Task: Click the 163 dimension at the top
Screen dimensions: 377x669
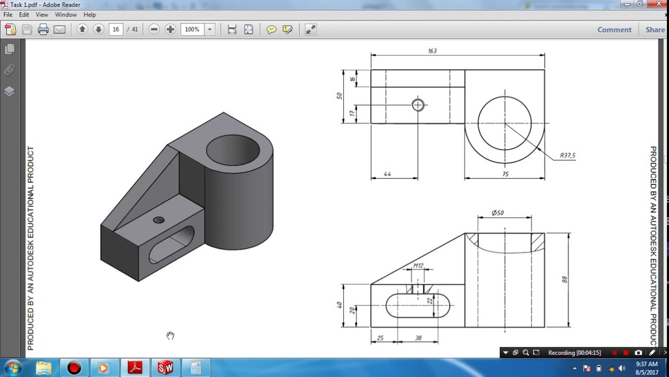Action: pos(432,51)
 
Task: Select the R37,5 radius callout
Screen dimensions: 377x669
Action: pos(567,156)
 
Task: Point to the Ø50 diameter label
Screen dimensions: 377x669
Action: pos(498,213)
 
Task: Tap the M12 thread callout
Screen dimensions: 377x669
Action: pos(418,265)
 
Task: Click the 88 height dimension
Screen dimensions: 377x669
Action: pos(564,280)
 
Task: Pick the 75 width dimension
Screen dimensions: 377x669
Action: pos(505,174)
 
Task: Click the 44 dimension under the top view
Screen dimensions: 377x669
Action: pos(387,174)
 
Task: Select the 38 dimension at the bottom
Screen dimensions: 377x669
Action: pos(418,338)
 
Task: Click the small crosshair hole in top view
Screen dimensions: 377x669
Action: pos(418,105)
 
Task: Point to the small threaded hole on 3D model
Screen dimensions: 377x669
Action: pos(159,220)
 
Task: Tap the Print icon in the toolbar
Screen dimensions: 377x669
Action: pos(43,30)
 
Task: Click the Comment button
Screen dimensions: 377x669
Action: pos(614,30)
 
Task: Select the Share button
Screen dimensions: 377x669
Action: pos(655,30)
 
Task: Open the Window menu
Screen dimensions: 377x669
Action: pos(66,15)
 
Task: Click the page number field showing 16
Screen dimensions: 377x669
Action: pos(116,29)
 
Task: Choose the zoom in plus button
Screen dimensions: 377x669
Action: pos(170,29)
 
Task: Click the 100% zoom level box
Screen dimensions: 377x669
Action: pos(192,29)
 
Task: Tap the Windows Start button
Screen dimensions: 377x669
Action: pos(13,368)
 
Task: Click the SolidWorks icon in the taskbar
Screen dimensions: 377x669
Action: pos(165,368)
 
